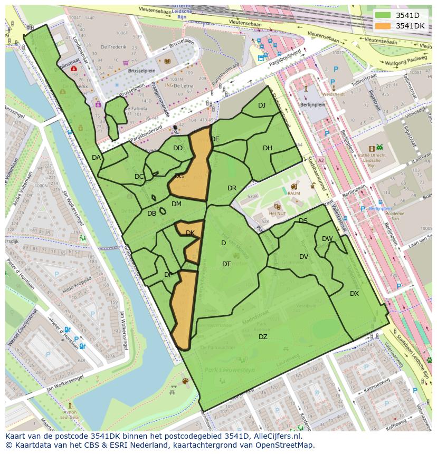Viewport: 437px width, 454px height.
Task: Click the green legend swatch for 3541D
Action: pos(383,15)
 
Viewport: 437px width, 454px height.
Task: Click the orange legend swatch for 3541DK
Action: pos(383,26)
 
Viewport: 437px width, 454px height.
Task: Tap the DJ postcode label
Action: pos(262,105)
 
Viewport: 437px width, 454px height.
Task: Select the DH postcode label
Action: pos(268,148)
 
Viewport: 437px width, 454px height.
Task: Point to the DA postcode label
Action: pos(96,158)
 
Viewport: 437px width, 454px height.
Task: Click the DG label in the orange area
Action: pos(179,176)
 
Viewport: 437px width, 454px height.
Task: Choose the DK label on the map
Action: pos(191,233)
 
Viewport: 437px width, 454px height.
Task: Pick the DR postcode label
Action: pos(232,188)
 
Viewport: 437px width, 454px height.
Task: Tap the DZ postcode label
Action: pos(263,337)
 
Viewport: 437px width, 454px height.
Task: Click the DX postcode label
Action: pos(354,294)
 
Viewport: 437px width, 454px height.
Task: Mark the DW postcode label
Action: pos(327,239)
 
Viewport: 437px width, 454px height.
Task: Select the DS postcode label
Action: pos(303,221)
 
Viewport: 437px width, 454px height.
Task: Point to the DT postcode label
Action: pos(226,264)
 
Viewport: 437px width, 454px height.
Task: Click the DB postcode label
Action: pos(151,214)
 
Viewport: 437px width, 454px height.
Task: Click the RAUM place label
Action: pos(294,194)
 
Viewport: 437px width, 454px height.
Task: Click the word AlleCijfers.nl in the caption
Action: pos(277,436)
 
